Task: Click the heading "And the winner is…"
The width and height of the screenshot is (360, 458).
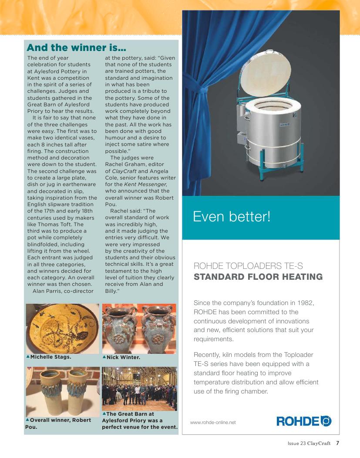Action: click(x=76, y=47)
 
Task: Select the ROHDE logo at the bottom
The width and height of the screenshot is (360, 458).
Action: click(x=304, y=421)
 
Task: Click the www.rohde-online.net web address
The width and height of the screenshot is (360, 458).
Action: click(x=213, y=422)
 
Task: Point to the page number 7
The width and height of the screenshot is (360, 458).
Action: click(x=337, y=444)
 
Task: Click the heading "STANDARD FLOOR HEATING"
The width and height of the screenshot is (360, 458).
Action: click(x=258, y=277)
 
